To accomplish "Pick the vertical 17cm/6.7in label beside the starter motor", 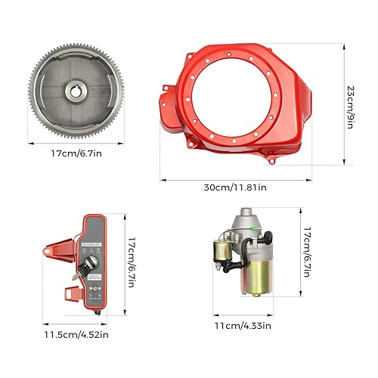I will [x=305, y=253].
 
